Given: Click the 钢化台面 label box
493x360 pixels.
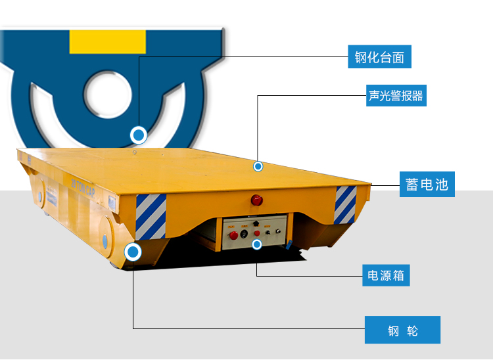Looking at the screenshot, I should (x=380, y=57).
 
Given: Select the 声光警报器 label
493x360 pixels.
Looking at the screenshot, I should (x=396, y=96).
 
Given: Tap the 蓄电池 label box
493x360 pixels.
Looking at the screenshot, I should (x=427, y=184).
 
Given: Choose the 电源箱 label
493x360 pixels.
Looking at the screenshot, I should (x=386, y=275).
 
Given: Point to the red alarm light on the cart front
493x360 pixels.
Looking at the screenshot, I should (x=255, y=200).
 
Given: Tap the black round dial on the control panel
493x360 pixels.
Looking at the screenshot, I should (x=245, y=233).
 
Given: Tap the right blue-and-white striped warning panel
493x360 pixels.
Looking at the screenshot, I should (x=345, y=204).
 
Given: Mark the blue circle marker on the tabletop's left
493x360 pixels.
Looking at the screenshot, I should (x=138, y=135).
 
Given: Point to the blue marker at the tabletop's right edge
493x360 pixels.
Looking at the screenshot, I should (x=258, y=166).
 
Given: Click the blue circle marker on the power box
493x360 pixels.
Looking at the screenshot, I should (x=257, y=244).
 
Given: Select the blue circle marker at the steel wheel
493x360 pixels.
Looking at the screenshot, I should (x=133, y=252).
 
